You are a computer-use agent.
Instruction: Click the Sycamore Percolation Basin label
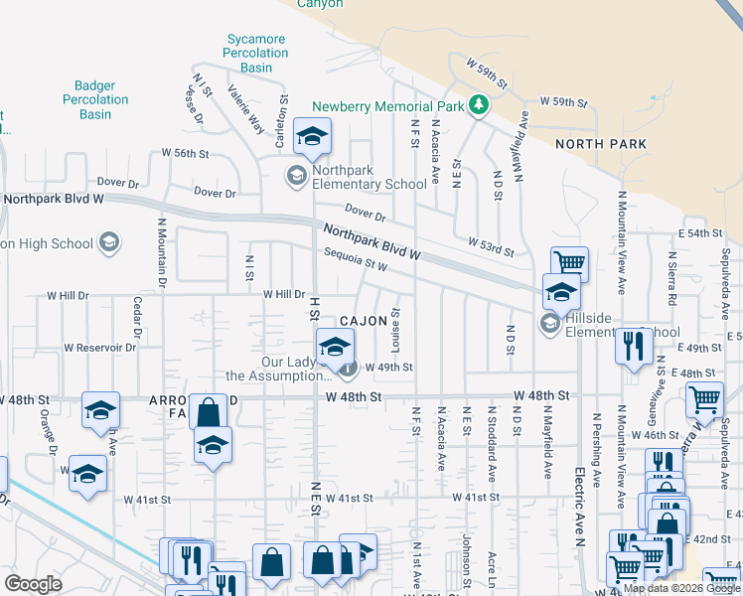(x=256, y=54)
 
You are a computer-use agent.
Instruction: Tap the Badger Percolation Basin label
(x=95, y=100)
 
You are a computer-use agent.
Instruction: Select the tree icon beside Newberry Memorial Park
(x=478, y=104)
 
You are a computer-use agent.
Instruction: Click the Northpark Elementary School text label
(x=370, y=177)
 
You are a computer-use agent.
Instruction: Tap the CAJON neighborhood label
(x=364, y=321)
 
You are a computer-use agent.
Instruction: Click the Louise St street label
(x=395, y=326)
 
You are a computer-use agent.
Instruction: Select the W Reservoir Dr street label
(x=99, y=348)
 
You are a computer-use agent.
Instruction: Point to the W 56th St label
(x=186, y=154)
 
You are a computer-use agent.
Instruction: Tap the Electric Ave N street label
(x=579, y=497)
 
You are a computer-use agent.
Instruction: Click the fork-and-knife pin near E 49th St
(x=633, y=347)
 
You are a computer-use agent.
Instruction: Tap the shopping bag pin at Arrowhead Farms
(x=210, y=411)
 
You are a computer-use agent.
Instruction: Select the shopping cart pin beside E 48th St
(x=704, y=399)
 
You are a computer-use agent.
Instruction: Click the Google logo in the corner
(x=33, y=584)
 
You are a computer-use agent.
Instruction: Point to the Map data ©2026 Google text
(x=680, y=588)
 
